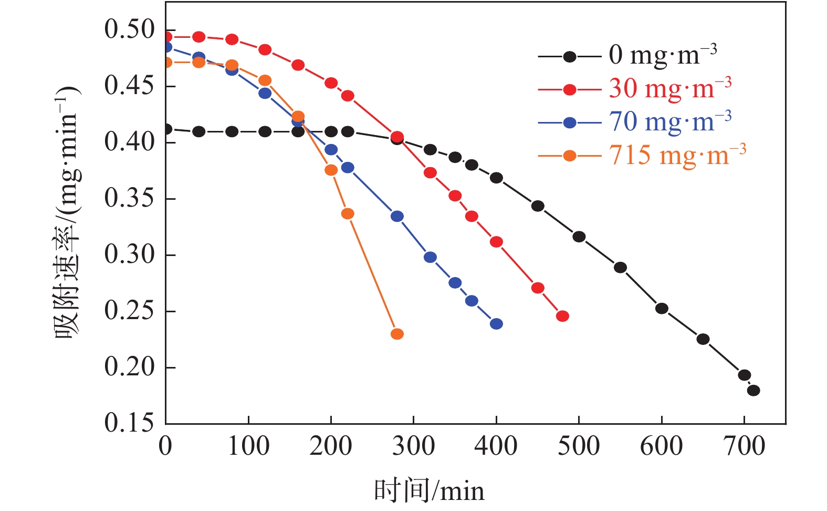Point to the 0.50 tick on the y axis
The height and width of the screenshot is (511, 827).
pyautogui.click(x=130, y=29)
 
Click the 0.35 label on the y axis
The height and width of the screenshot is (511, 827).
pyautogui.click(x=130, y=199)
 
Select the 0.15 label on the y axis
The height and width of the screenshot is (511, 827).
pyautogui.click(x=130, y=423)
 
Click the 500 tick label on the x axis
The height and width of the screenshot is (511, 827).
pyautogui.click(x=579, y=446)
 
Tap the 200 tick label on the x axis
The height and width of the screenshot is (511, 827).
pyautogui.click(x=331, y=446)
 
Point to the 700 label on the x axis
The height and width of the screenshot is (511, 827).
pyautogui.click(x=744, y=446)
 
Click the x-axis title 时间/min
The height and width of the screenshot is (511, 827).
pyautogui.click(x=429, y=491)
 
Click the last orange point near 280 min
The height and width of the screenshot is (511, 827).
pyautogui.click(x=397, y=334)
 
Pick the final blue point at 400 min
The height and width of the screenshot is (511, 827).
pyautogui.click(x=496, y=324)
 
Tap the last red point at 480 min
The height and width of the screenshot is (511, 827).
pyautogui.click(x=562, y=316)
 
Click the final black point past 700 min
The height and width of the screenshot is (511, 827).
pyautogui.click(x=753, y=390)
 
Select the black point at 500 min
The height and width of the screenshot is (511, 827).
pyautogui.click(x=579, y=237)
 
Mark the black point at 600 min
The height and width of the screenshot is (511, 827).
pyautogui.click(x=662, y=308)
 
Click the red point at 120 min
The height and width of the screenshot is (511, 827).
pyautogui.click(x=265, y=50)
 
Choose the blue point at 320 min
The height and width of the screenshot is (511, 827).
pyautogui.click(x=430, y=257)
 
